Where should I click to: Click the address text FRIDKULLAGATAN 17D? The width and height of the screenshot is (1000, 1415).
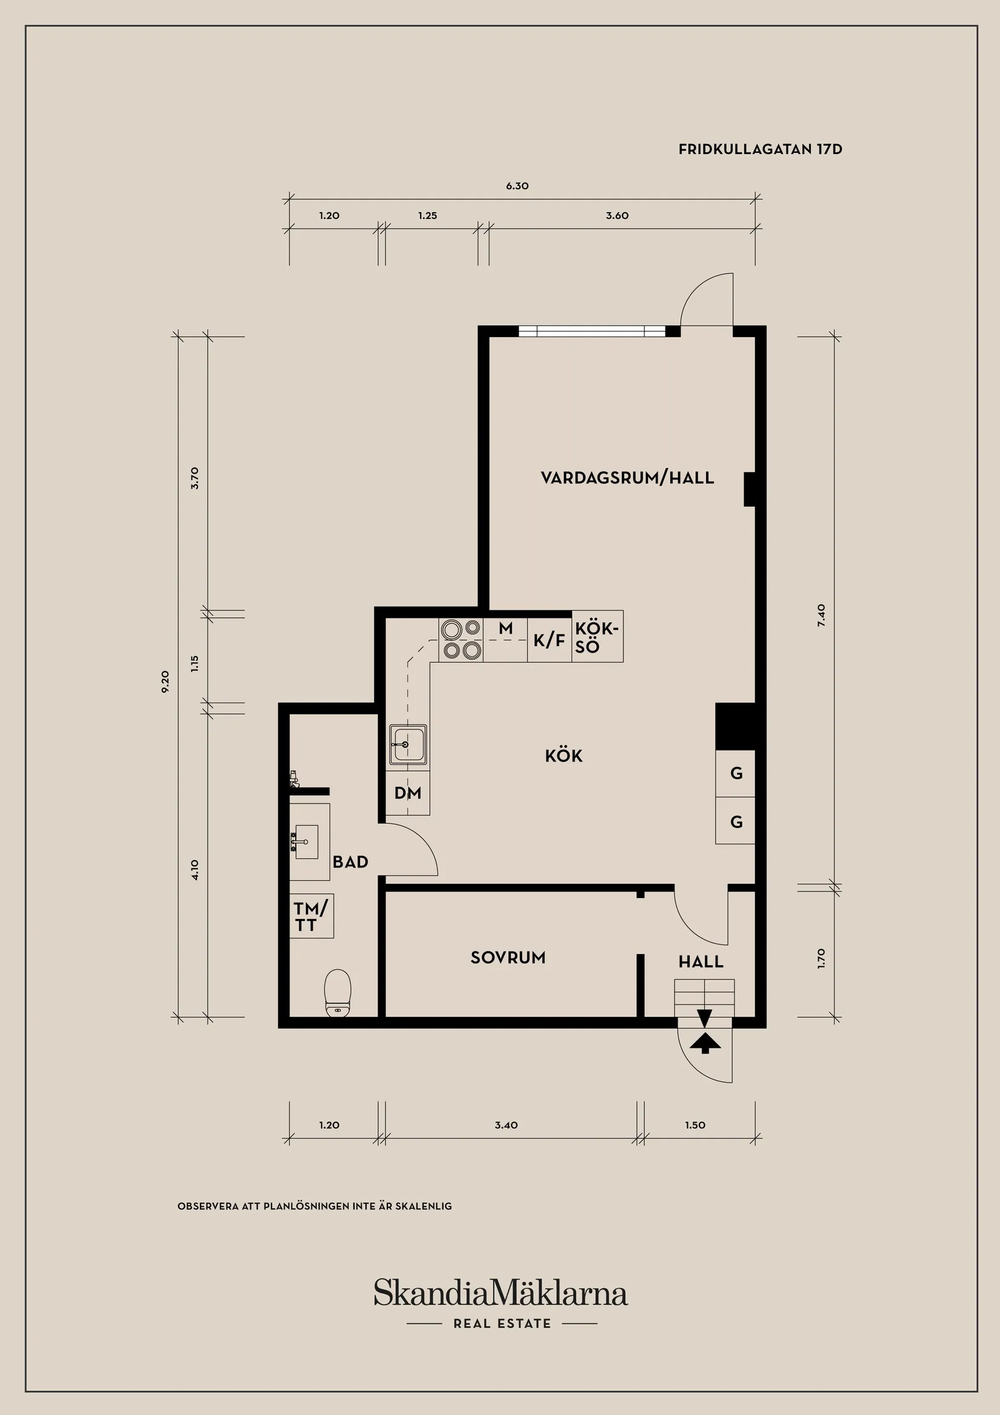(x=760, y=149)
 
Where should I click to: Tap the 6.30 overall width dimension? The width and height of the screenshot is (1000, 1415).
(x=517, y=186)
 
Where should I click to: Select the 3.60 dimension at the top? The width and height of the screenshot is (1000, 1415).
(x=617, y=216)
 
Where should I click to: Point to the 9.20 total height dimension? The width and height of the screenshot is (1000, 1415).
(x=165, y=681)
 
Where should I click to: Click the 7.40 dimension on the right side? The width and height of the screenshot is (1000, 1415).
(x=821, y=615)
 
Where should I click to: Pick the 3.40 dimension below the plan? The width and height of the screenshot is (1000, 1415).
(x=506, y=1125)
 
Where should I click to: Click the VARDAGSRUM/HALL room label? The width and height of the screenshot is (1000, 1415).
(x=627, y=478)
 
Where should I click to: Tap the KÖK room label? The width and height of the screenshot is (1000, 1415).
(x=563, y=755)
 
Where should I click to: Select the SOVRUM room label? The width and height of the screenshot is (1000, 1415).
(x=508, y=958)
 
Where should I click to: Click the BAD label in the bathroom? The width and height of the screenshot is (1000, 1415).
(x=350, y=861)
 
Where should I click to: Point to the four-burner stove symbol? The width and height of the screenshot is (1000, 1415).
(x=461, y=639)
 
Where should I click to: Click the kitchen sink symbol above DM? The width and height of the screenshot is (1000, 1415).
(x=407, y=745)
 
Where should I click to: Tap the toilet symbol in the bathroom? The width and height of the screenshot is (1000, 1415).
(x=337, y=992)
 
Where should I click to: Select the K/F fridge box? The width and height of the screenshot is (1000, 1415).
(x=549, y=640)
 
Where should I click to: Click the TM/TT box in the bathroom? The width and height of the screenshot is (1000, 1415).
(x=311, y=916)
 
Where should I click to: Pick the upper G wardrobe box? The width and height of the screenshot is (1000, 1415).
(x=736, y=774)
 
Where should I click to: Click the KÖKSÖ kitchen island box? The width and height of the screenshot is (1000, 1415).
(x=596, y=637)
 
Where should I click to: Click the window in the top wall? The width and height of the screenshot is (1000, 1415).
(x=591, y=331)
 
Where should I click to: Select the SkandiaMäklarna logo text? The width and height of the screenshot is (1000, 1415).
(x=501, y=1293)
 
